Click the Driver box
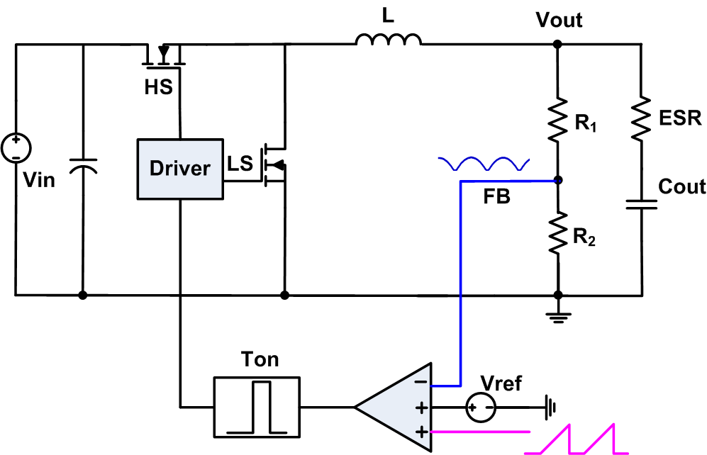coord(180,168)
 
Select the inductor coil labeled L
coord(388,40)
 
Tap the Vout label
coord(560,20)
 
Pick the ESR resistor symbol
coord(641,118)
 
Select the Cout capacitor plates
coord(641,205)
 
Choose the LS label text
coord(240,164)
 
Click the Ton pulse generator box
coord(257,407)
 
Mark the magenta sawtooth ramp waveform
coord(576,439)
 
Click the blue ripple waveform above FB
coord(484,164)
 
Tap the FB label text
coord(496,198)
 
